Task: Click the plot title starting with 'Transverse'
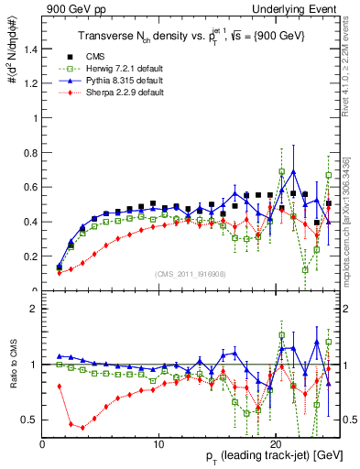(x=185, y=36)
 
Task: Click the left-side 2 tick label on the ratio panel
(x=32, y=309)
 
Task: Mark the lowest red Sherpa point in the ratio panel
(x=82, y=428)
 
